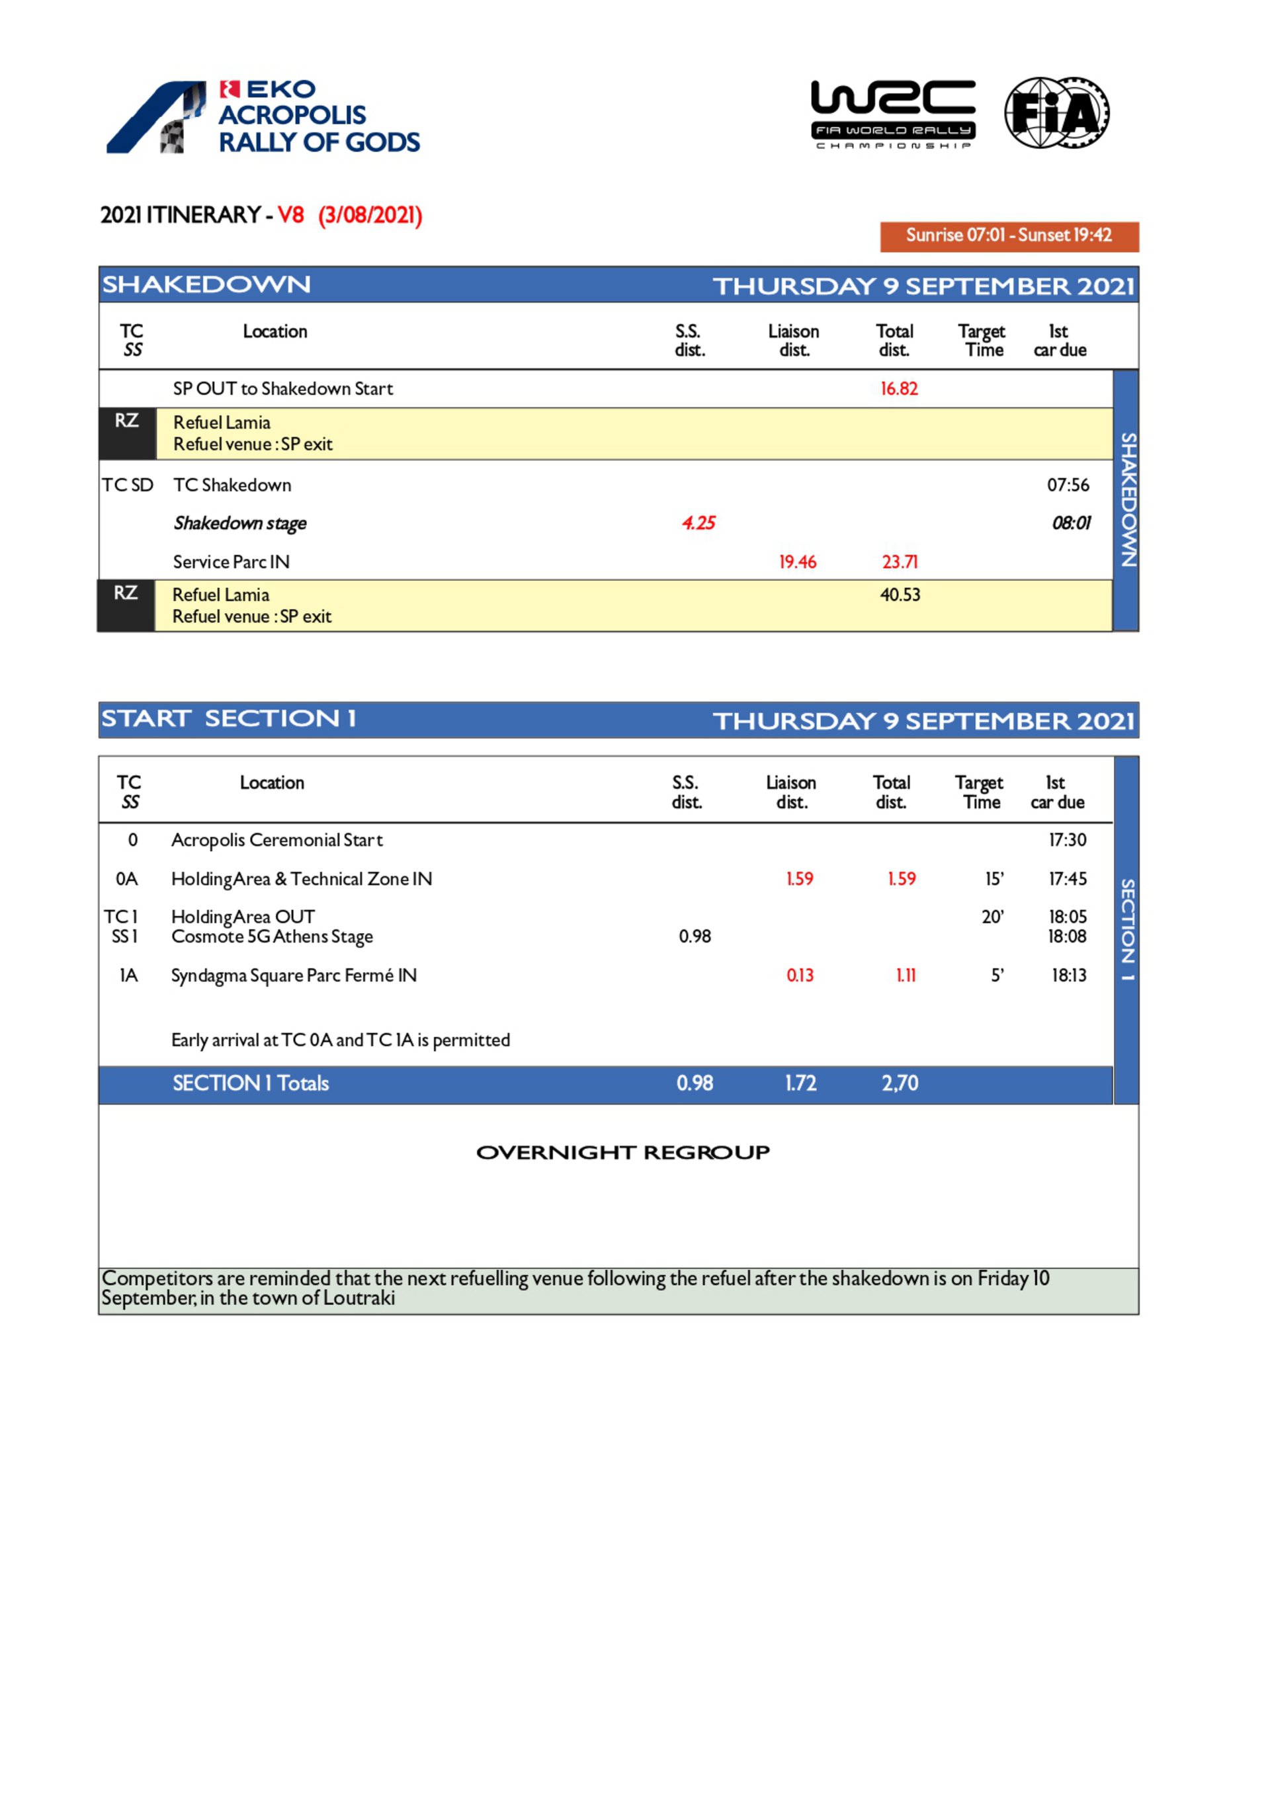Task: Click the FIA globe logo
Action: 1056,113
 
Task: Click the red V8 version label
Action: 291,215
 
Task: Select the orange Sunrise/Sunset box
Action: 1009,236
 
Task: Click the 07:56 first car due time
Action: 1068,485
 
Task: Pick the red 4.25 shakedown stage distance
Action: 698,523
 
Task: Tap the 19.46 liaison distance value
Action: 797,562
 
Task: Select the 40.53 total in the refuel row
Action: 900,595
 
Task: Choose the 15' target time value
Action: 994,879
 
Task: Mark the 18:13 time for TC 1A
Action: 1068,975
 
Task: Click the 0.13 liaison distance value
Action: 799,975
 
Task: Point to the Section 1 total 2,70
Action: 900,1083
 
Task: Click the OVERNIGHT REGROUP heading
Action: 622,1151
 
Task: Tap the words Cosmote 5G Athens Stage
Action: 272,937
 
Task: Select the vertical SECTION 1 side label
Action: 1127,931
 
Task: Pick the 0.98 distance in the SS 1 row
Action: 695,937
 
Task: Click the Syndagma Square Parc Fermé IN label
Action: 294,975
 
